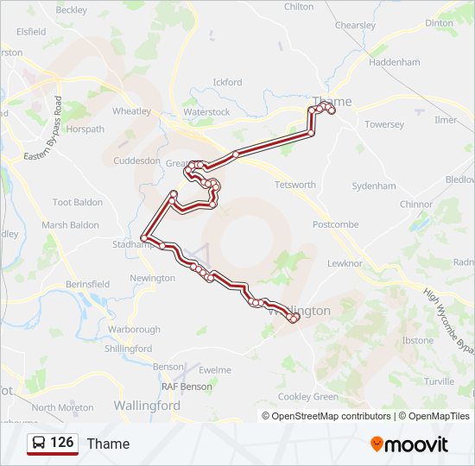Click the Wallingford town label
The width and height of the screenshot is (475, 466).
[147, 405]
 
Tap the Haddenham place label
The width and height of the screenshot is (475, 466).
[394, 62]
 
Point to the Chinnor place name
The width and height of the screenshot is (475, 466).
[416, 205]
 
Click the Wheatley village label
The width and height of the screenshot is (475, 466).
[131, 111]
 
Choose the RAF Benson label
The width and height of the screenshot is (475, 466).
[187, 387]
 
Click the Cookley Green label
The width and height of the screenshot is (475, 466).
[307, 397]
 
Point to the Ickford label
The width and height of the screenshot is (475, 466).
[227, 83]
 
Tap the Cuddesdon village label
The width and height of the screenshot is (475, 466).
[136, 161]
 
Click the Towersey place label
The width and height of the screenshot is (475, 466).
[384, 124]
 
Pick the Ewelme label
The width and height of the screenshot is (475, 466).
[215, 370]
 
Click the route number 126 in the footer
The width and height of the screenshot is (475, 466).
[61, 443]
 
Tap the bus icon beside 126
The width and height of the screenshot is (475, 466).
[39, 444]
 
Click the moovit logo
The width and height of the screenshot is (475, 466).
[408, 444]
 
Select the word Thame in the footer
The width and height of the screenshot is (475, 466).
[108, 444]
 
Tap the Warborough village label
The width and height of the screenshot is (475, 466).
[134, 330]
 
